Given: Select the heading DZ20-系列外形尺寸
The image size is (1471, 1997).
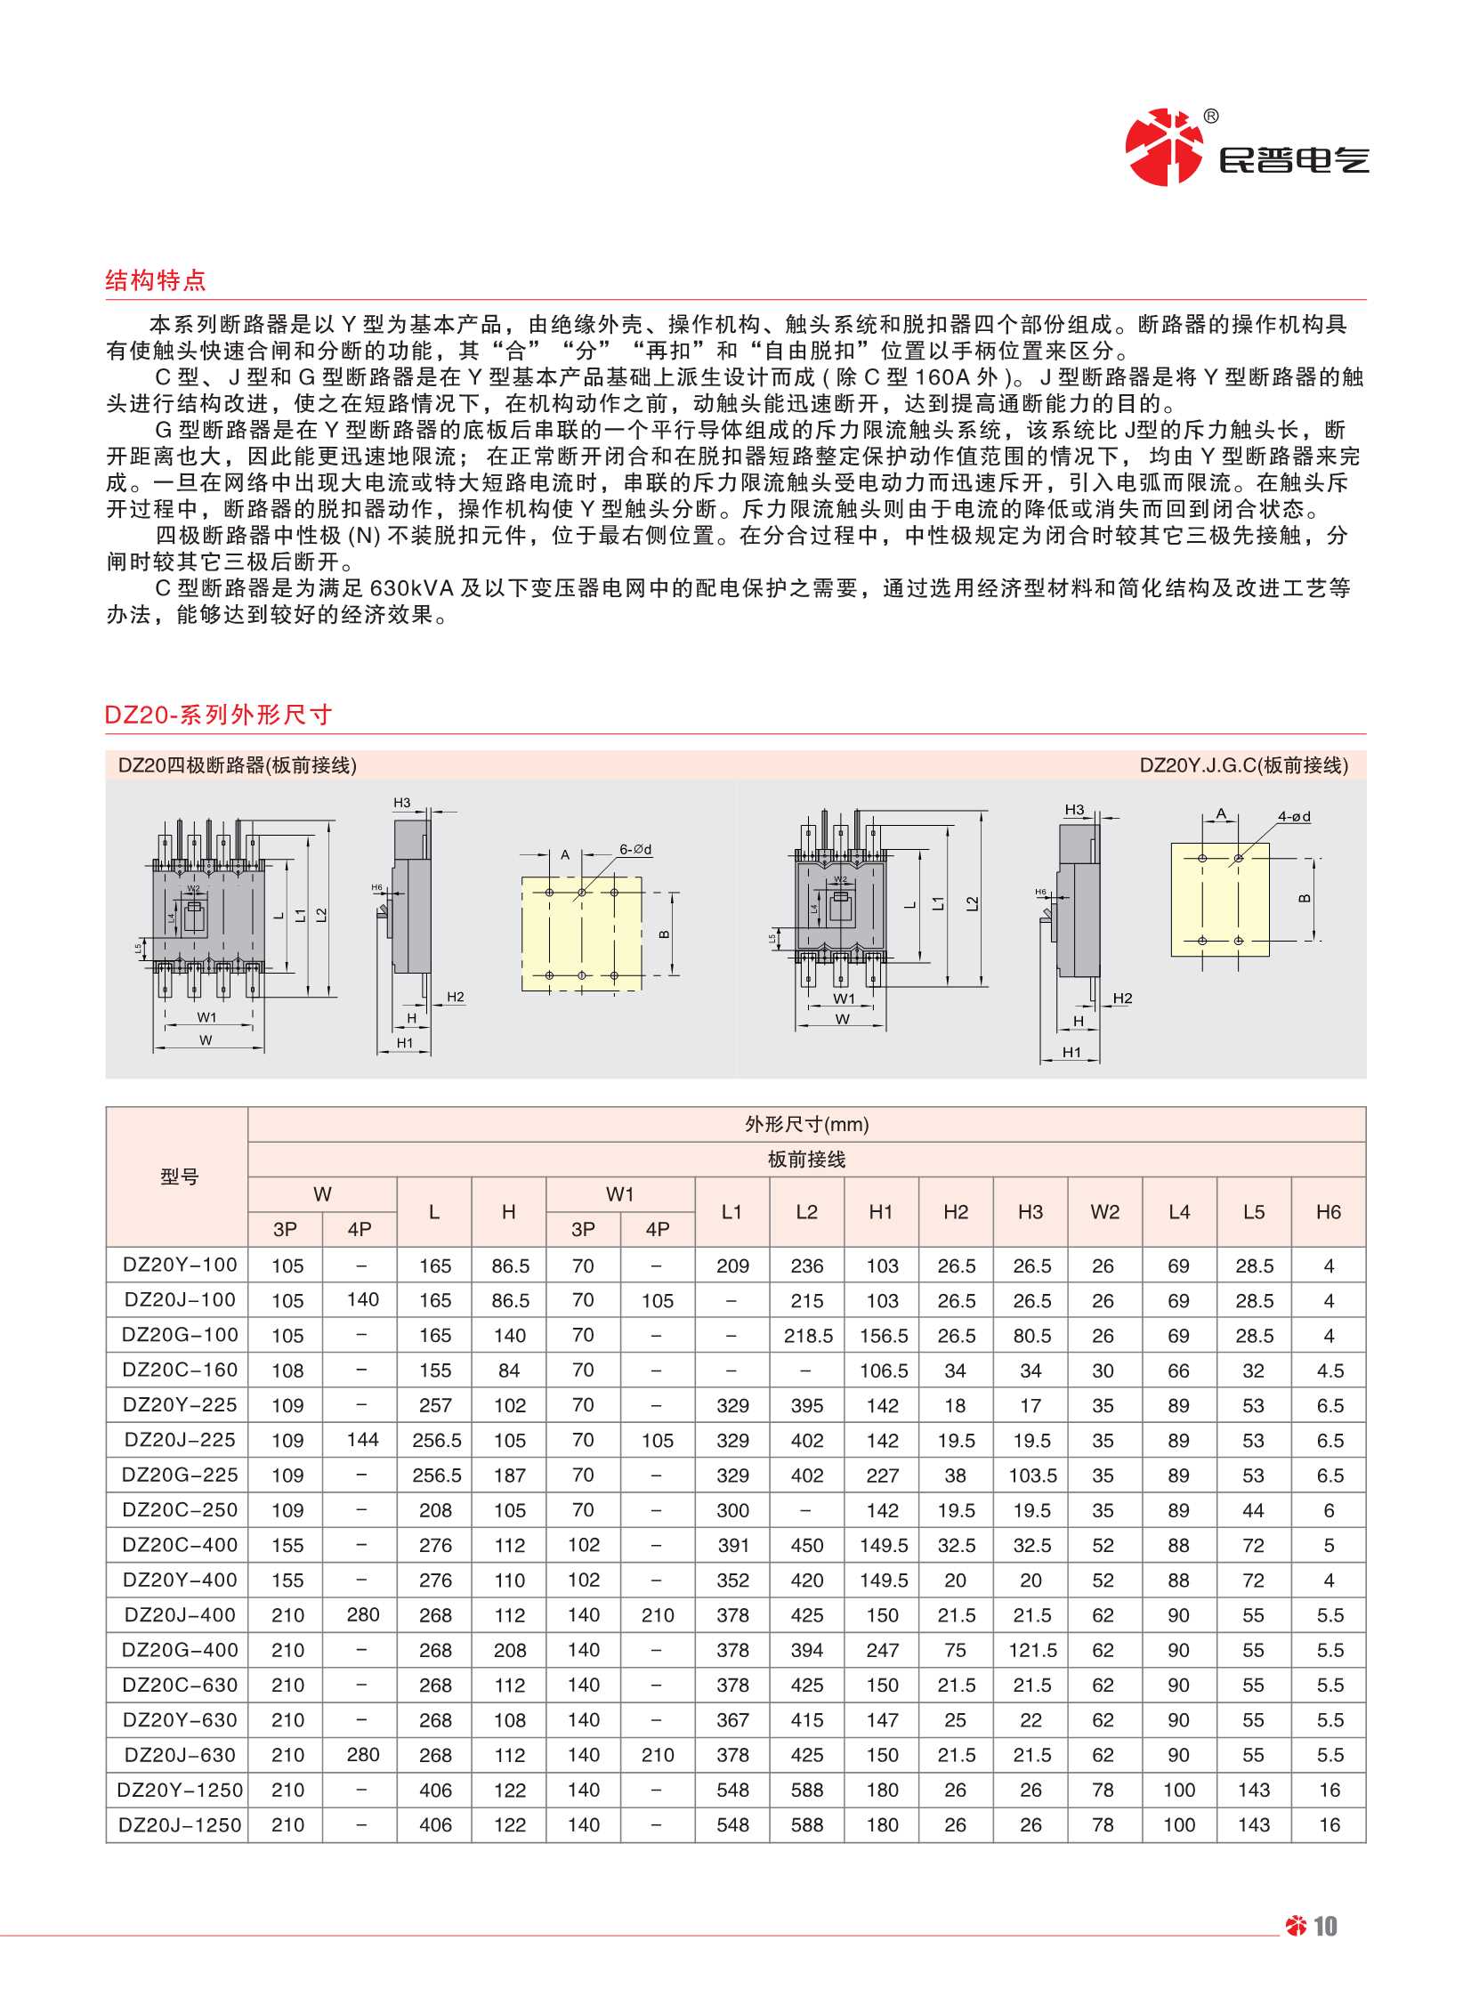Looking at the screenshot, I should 218,714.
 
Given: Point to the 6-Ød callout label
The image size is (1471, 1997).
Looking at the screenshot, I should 635,849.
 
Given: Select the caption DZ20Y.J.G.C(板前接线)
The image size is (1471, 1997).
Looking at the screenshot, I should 1244,764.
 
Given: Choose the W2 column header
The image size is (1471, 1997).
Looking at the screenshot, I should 1104,1211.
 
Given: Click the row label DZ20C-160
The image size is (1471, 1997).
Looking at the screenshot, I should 180,1370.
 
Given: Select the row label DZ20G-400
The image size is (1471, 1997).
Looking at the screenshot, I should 180,1649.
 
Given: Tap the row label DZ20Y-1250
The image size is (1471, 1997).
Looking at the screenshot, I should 180,1789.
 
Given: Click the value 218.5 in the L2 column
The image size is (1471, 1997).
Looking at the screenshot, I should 808,1335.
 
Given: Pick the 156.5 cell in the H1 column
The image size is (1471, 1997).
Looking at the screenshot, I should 883,1335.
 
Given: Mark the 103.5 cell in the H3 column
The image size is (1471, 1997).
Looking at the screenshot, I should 1032,1475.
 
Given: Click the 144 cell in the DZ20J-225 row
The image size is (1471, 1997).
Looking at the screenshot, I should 362,1439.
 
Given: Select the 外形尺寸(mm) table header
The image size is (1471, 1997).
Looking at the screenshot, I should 806,1125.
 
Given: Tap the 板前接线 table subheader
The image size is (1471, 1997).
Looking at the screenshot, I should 806,1159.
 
